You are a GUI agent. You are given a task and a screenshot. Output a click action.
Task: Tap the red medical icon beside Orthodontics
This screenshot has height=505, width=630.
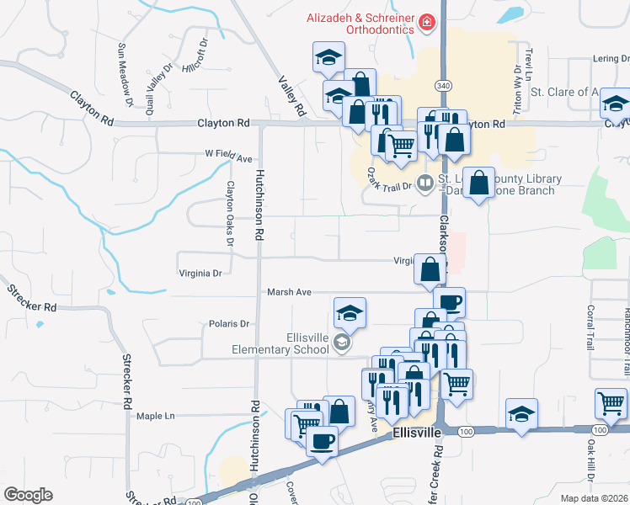(428, 22)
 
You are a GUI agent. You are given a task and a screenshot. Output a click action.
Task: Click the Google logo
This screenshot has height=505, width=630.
(28, 495)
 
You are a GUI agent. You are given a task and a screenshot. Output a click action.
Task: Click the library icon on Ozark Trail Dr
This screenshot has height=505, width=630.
(427, 183)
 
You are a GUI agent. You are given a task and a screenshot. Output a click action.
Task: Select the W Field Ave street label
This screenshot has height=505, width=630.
(228, 157)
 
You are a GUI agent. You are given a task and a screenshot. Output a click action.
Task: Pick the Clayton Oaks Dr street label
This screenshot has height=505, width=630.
(229, 214)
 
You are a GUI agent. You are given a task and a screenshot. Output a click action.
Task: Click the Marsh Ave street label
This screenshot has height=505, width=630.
(289, 292)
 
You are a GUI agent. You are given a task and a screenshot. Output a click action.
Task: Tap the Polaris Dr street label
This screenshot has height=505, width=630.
(229, 323)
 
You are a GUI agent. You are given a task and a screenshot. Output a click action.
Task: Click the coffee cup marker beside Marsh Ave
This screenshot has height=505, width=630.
(449, 301)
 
